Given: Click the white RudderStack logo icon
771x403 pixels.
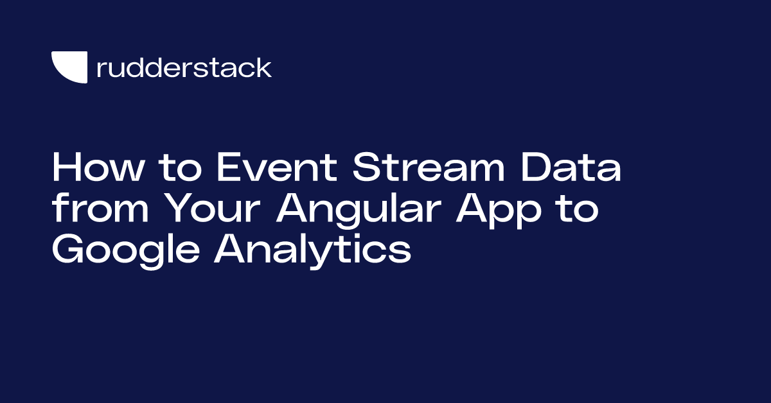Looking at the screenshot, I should (69, 67).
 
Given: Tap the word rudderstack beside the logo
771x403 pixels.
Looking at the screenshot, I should (184, 67).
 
